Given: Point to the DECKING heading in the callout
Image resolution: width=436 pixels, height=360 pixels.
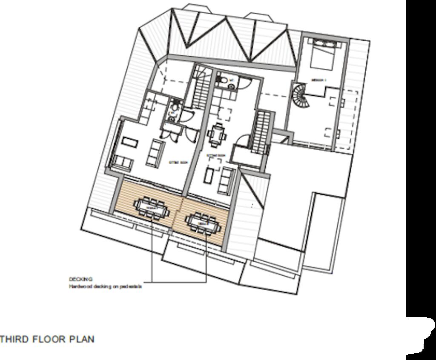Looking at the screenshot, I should coord(80,279).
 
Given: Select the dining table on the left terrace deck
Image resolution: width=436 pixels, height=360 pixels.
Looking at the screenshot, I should coord(151,208).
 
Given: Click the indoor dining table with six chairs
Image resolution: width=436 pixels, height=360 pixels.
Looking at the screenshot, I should coord(218,134).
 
